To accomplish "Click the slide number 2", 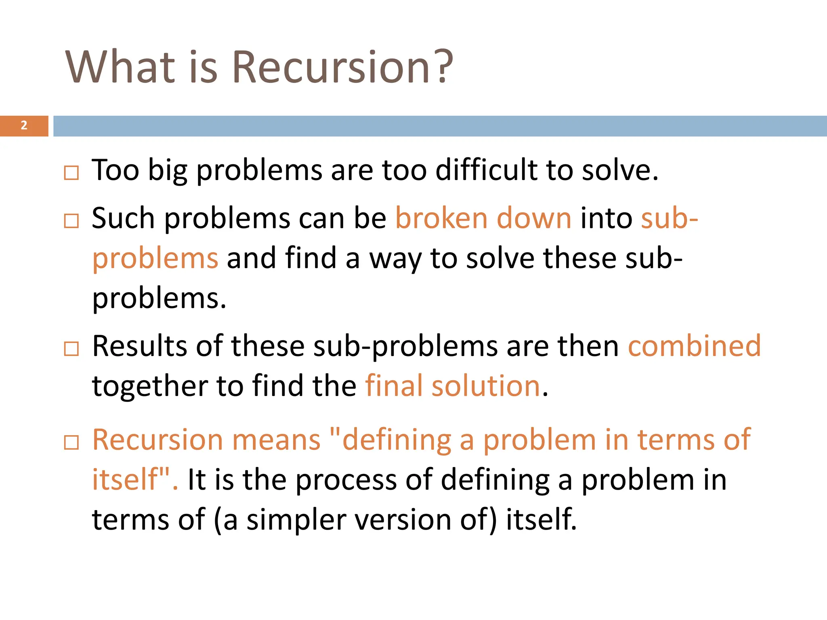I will (x=24, y=126).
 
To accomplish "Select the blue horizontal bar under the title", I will (x=440, y=126).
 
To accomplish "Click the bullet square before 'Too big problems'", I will (x=71, y=173).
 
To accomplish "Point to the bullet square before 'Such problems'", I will (x=71, y=221).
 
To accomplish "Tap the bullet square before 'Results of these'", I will (x=71, y=349).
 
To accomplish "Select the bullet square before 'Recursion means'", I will (x=71, y=442).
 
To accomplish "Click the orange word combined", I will (x=694, y=346).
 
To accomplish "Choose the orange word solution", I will (x=486, y=385).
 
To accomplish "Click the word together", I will (x=150, y=386).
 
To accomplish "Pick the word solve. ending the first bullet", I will (x=620, y=170).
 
